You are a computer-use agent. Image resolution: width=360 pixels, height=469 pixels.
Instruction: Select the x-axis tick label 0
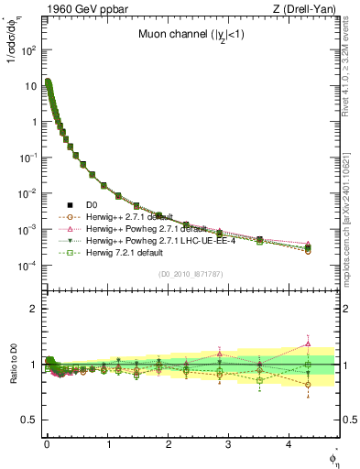[47, 451]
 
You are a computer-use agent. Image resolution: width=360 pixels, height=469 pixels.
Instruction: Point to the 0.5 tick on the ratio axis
[27, 420]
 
